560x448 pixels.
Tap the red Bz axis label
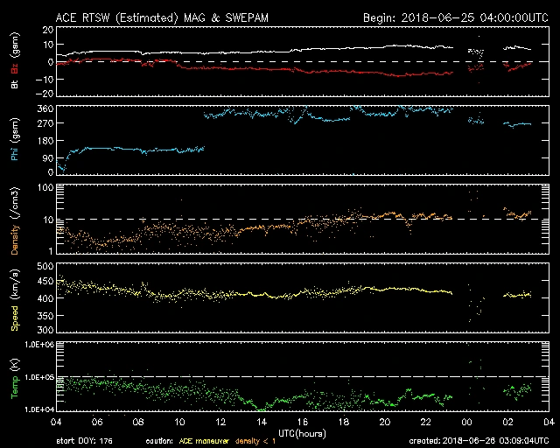[x=14, y=67]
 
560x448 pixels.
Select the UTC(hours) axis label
[x=303, y=432]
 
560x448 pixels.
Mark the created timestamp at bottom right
[x=480, y=441]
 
